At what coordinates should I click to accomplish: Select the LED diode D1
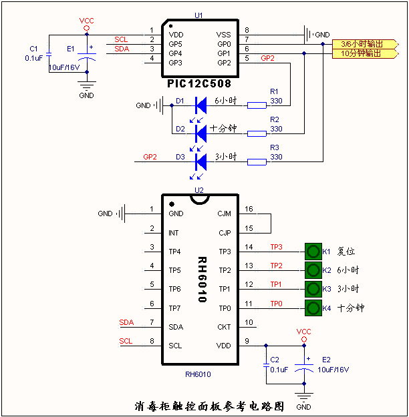click(199, 105)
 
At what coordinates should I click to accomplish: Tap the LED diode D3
click(199, 161)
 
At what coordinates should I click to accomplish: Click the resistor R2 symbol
click(257, 133)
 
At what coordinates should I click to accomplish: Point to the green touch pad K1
click(312, 252)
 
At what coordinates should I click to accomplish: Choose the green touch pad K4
click(312, 308)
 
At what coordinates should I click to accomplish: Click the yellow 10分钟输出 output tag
click(362, 53)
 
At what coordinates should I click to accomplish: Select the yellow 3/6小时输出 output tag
click(362, 43)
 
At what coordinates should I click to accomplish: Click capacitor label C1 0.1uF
click(33, 53)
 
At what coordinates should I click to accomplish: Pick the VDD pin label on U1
click(176, 35)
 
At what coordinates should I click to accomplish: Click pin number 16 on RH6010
click(248, 209)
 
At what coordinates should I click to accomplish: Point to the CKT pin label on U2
click(224, 328)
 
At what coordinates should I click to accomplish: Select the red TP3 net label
click(276, 247)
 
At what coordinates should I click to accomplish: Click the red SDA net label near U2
click(126, 323)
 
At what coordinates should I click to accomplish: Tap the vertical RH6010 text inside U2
click(201, 280)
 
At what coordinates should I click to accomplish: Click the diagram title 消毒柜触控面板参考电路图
click(209, 406)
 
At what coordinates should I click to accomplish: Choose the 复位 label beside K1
click(346, 252)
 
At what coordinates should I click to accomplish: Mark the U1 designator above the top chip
click(198, 15)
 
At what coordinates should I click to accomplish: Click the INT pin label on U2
click(174, 234)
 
